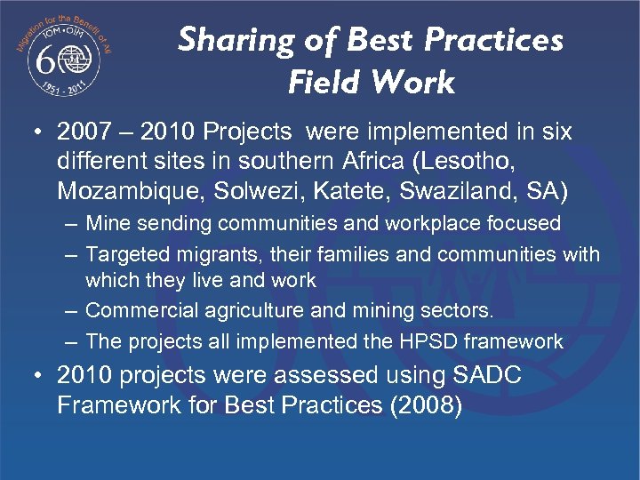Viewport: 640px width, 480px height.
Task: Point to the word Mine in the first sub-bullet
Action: tap(105, 222)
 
